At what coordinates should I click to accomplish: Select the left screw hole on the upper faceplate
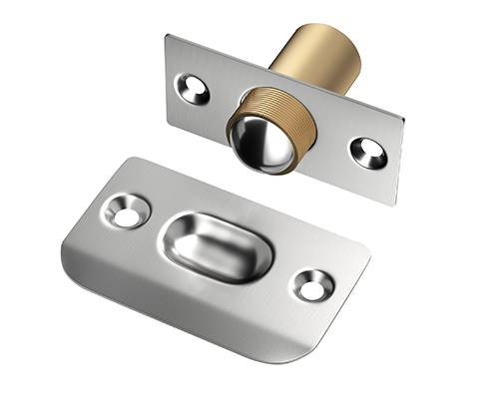tap(194, 89)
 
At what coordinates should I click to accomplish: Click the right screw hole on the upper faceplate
tap(367, 152)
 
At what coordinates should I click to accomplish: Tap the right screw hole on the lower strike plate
tap(311, 284)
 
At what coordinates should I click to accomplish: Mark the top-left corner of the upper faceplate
tap(171, 37)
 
